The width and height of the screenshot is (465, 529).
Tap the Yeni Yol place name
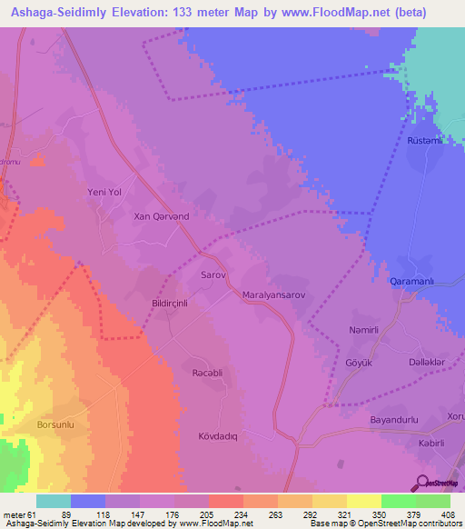(104, 192)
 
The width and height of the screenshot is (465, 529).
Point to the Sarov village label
(211, 273)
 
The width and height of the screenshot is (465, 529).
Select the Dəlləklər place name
(427, 361)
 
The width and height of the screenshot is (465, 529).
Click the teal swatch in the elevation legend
(54, 501)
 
